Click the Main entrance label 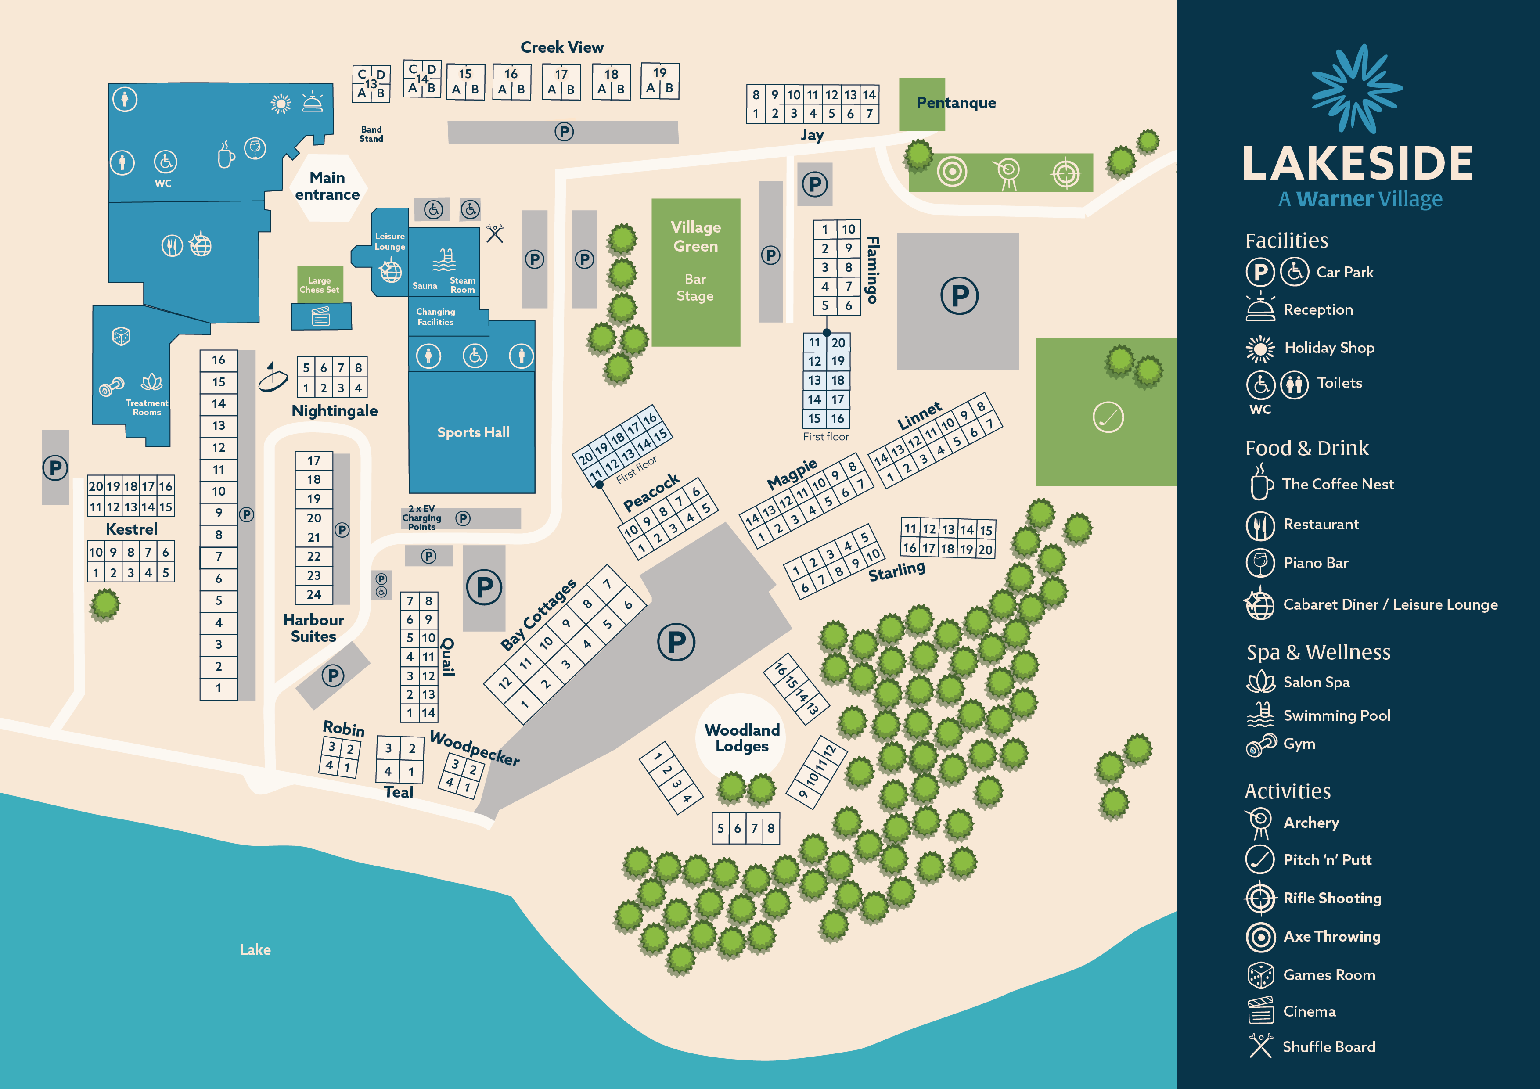(327, 186)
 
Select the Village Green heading (695, 237)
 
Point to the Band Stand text (371, 134)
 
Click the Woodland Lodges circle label (742, 737)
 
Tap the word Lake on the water (255, 949)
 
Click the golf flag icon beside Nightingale (272, 378)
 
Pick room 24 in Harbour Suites (314, 594)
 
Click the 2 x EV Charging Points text (422, 518)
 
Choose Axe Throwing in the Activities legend (1331, 936)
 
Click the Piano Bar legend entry (1315, 563)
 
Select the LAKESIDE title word (1357, 164)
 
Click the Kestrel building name (131, 529)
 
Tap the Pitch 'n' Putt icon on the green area (1108, 417)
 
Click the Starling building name (897, 571)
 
